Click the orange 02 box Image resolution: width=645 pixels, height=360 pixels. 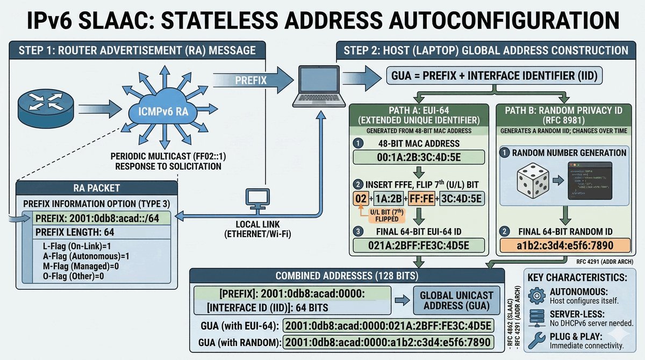361,199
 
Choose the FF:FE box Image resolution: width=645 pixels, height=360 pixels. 422,199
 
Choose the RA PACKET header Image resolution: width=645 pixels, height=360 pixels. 96,189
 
